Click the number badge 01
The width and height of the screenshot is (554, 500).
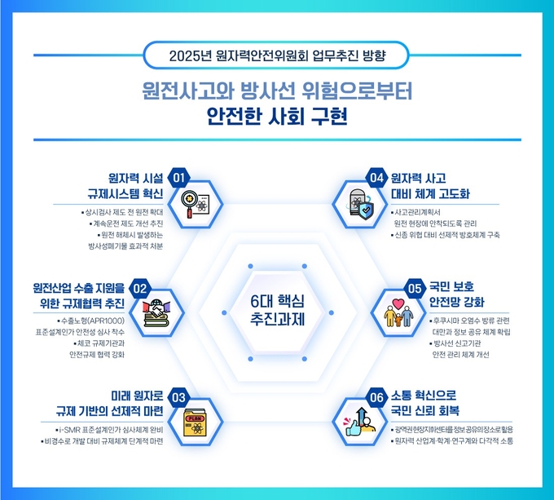(178, 178)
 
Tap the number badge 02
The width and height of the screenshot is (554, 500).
(140, 289)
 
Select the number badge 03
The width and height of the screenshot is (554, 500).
(178, 397)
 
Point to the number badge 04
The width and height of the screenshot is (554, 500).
(377, 178)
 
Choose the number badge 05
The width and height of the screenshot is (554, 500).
(415, 289)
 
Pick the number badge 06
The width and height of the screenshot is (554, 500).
(377, 397)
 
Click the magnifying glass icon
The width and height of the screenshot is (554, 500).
(191, 203)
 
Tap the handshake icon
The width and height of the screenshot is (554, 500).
(156, 312)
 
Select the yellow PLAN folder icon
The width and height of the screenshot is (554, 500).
(195, 423)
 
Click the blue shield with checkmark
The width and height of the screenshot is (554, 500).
(366, 211)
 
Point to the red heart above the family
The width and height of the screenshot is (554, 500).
(398, 304)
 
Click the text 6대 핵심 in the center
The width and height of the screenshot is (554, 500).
(277, 301)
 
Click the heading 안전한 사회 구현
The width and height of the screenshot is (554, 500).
(277, 117)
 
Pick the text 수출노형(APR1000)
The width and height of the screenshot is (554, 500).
(93, 321)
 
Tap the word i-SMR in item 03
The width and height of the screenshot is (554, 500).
(69, 430)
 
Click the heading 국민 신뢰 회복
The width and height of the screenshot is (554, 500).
(425, 410)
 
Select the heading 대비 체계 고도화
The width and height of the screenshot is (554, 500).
(430, 194)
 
